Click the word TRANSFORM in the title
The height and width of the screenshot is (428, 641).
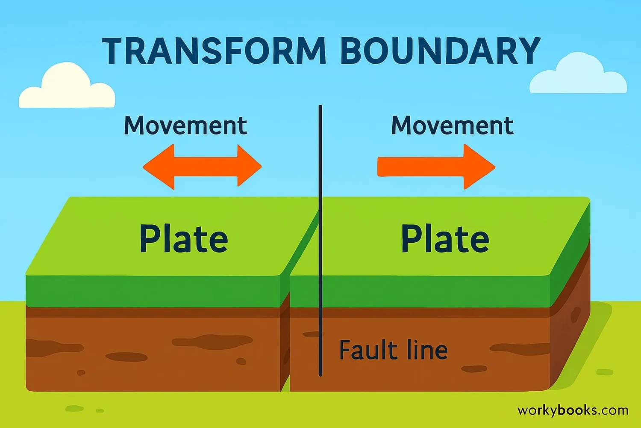(x=214, y=51)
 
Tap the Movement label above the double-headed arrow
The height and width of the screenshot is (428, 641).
(x=185, y=125)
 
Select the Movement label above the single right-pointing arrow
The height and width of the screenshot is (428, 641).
(x=452, y=125)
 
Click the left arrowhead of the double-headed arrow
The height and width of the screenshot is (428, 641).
(x=159, y=167)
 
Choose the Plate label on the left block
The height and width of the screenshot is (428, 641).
(x=184, y=239)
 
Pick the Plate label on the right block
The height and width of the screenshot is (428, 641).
(x=445, y=238)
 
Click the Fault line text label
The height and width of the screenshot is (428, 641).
(x=393, y=350)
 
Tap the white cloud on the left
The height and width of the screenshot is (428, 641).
(x=67, y=86)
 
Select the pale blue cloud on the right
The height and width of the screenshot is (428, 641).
(x=578, y=73)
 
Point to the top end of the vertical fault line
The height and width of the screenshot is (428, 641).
(x=320, y=106)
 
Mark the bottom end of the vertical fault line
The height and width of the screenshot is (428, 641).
(x=320, y=374)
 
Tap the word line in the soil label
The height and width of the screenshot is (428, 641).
(x=423, y=350)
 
